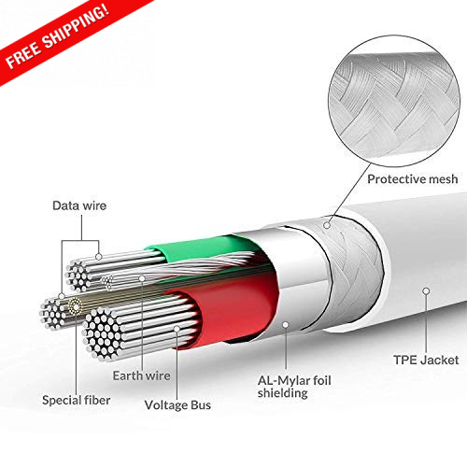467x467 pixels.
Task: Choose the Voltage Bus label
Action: point(177,405)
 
